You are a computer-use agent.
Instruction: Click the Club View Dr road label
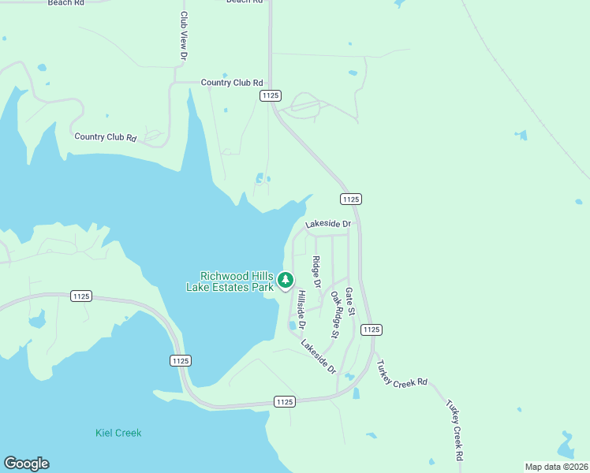point(183,36)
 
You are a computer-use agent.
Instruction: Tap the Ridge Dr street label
point(316,272)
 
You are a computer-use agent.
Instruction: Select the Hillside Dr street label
point(301,310)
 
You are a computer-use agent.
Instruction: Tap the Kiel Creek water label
point(118,433)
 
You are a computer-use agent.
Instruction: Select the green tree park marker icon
point(286,280)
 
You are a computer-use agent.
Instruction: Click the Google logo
point(26,464)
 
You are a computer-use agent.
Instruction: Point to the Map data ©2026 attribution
point(556,466)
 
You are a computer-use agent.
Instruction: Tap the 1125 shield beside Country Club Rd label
point(270,95)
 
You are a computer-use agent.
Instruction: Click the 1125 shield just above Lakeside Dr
point(351,199)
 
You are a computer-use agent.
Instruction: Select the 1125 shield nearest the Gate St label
point(371,329)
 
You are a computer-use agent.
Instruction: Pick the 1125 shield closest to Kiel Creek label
point(179,360)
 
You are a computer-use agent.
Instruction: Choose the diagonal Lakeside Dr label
point(318,356)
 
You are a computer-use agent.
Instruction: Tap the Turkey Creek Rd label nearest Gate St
point(401,374)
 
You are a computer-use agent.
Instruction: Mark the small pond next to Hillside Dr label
point(292,325)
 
